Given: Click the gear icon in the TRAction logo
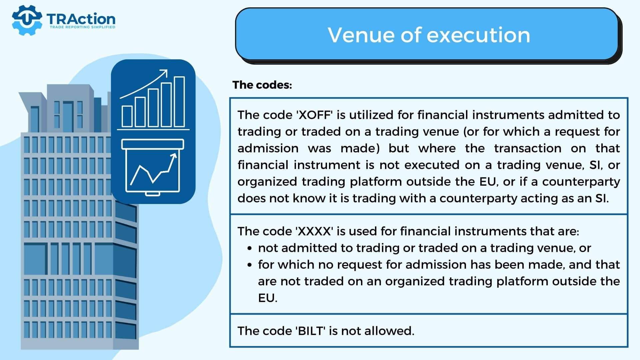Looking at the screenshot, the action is pyautogui.click(x=27, y=20).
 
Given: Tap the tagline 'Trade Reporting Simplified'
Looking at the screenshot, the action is pyautogui.click(x=82, y=27).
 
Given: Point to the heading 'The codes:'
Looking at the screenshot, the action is pyautogui.click(x=262, y=85).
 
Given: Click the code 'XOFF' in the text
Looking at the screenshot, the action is pyautogui.click(x=315, y=115).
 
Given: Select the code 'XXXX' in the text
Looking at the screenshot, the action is pyautogui.click(x=314, y=231).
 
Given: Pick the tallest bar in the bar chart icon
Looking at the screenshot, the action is pyautogui.click(x=180, y=102).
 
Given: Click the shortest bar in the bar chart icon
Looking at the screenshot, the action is pyautogui.click(x=127, y=116).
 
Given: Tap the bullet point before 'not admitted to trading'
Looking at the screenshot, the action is pyautogui.click(x=250, y=249).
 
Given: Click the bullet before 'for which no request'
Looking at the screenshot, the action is pyautogui.click(x=250, y=265).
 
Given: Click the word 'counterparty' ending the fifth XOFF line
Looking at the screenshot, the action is pyautogui.click(x=581, y=182).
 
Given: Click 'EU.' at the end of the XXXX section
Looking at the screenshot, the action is pyautogui.click(x=268, y=298).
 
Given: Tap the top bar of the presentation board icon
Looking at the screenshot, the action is pyautogui.click(x=153, y=144).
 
